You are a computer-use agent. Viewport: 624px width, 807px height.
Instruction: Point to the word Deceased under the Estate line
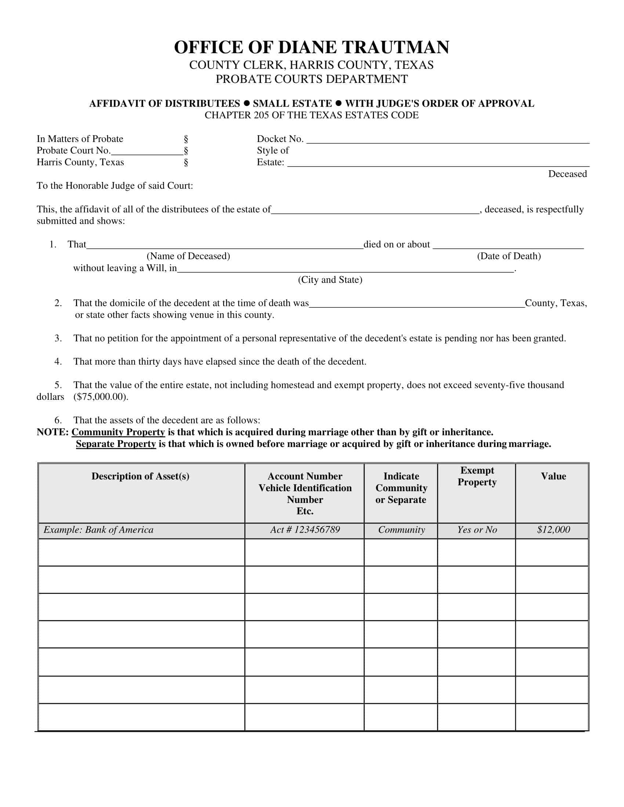(567, 174)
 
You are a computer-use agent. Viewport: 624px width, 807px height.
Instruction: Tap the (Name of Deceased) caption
(188, 256)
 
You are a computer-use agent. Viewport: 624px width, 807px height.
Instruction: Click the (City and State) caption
(330, 280)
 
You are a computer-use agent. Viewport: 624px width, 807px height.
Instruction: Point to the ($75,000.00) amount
(101, 397)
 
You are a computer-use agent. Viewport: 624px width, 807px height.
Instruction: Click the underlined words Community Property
(118, 432)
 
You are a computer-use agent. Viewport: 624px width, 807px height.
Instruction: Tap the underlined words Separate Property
(116, 444)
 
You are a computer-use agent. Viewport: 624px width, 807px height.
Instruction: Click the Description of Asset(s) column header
(140, 476)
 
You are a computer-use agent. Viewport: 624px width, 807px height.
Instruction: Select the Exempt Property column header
(477, 476)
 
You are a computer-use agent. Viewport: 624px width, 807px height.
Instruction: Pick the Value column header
(553, 476)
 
